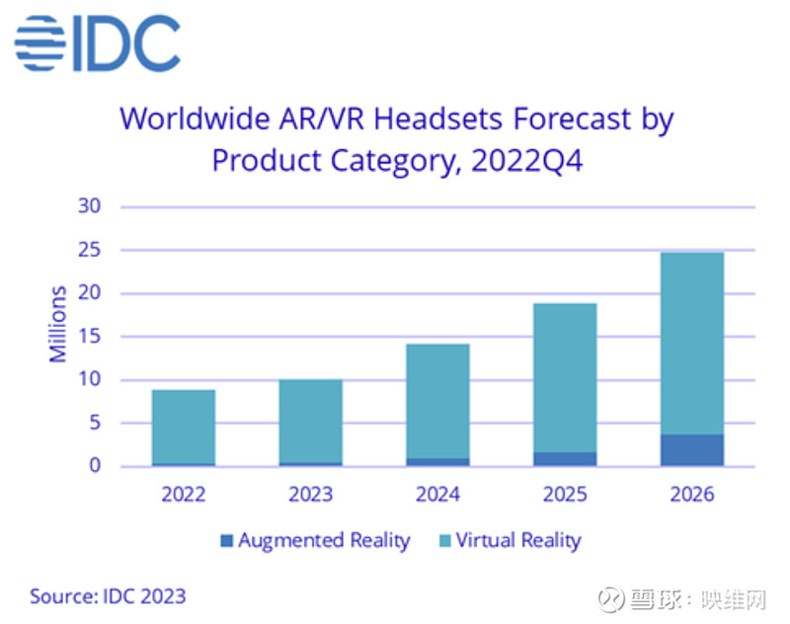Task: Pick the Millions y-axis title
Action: click(x=58, y=324)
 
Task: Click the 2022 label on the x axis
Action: click(x=183, y=494)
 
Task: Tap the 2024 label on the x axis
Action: click(x=437, y=494)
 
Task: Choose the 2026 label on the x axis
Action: click(x=691, y=494)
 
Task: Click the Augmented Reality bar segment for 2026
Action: click(x=691, y=450)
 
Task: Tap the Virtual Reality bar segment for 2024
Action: click(x=437, y=401)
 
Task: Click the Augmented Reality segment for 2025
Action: click(x=564, y=459)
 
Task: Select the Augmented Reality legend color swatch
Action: click(x=226, y=541)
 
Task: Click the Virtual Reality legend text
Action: click(x=517, y=541)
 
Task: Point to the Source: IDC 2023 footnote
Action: click(x=108, y=596)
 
